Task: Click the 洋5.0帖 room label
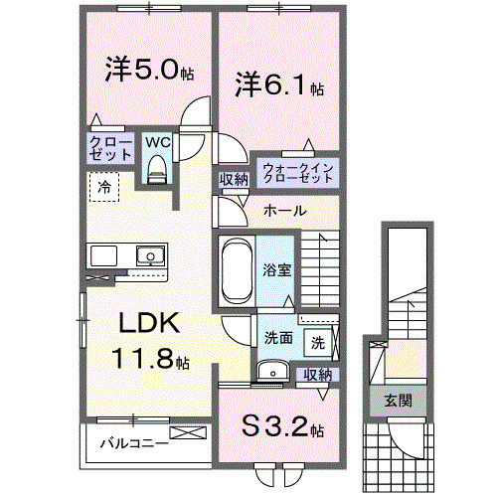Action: click(149, 71)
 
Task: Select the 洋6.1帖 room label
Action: click(279, 84)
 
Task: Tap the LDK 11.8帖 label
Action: click(149, 340)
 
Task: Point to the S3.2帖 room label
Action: click(283, 428)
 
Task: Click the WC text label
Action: click(157, 142)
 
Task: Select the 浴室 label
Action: click(277, 269)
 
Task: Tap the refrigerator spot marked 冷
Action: click(103, 185)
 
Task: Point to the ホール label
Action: click(284, 212)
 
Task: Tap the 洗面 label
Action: click(278, 338)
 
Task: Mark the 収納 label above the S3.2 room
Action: click(317, 374)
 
